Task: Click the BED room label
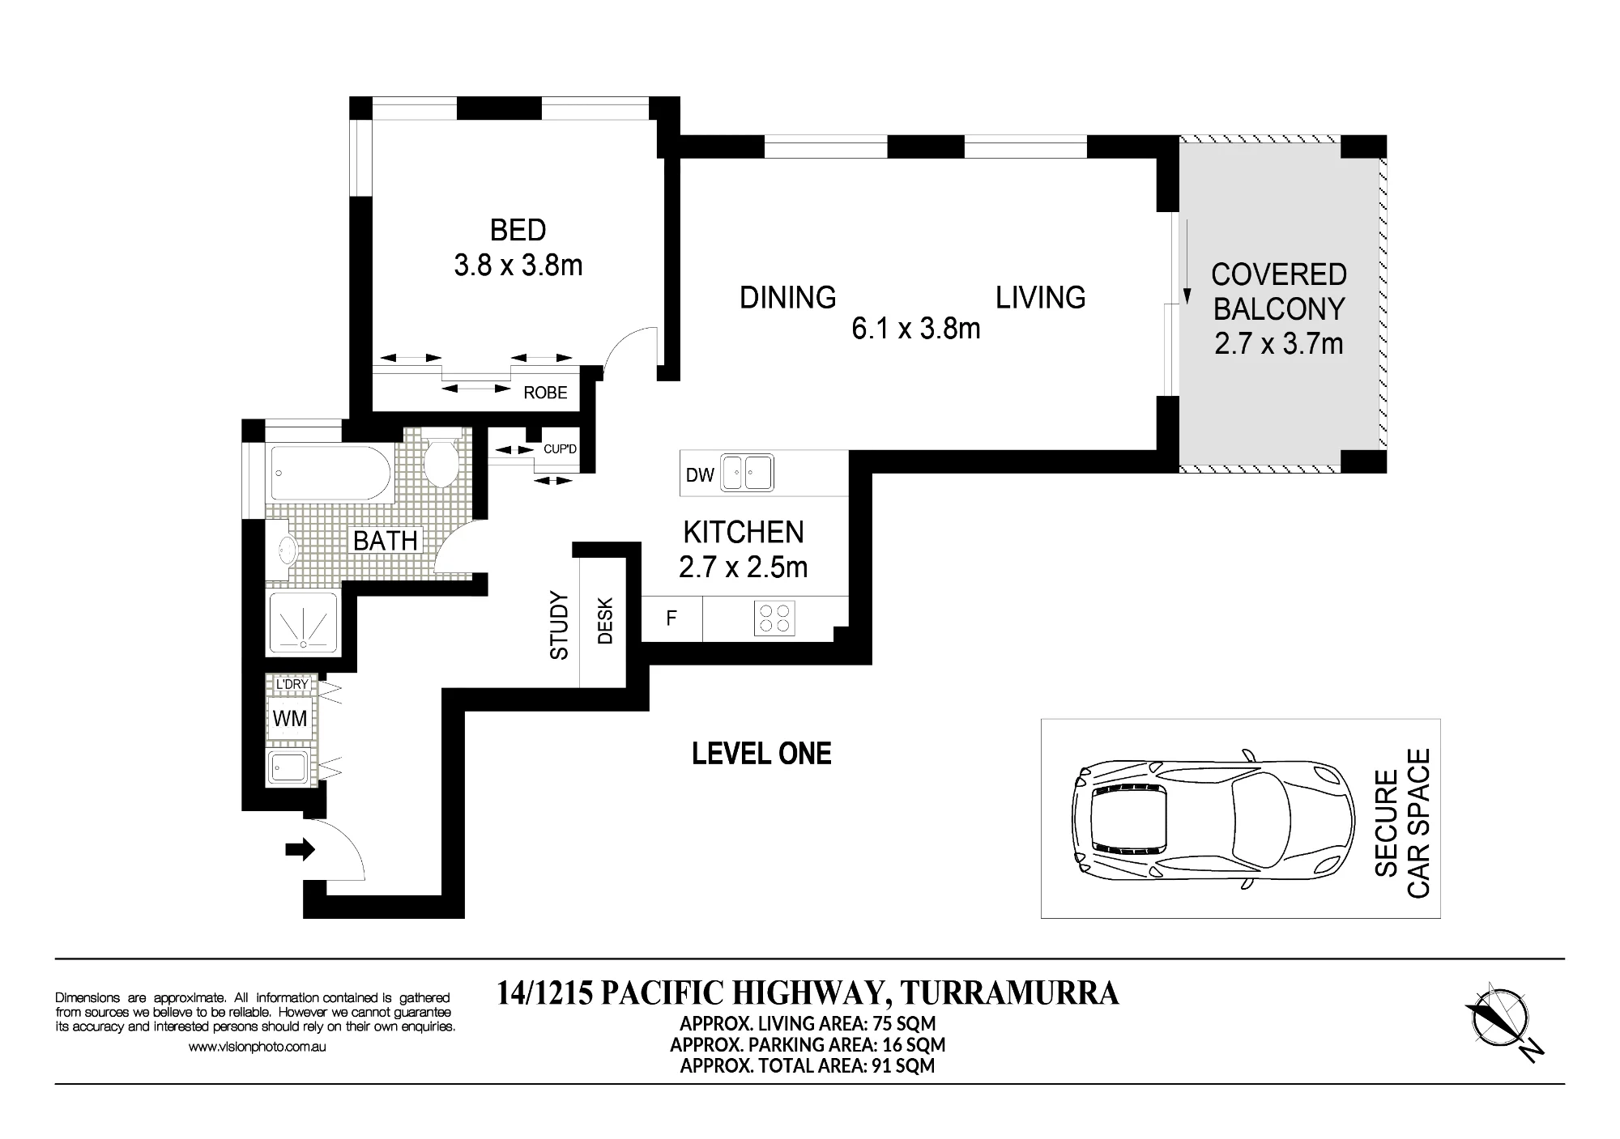(518, 230)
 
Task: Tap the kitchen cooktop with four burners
(774, 618)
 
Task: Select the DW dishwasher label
(700, 475)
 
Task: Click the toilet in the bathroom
(441, 458)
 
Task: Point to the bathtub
(330, 473)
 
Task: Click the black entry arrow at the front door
(300, 849)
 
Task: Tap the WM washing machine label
(289, 718)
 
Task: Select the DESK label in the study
(605, 621)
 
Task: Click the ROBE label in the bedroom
(545, 393)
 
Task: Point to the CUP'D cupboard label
(560, 448)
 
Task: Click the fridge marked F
(671, 619)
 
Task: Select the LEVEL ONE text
(761, 754)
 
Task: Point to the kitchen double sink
(748, 473)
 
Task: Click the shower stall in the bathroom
(303, 623)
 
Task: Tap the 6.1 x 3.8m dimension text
(916, 329)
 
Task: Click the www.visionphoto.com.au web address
(257, 1046)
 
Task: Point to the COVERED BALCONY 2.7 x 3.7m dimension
(1279, 344)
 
